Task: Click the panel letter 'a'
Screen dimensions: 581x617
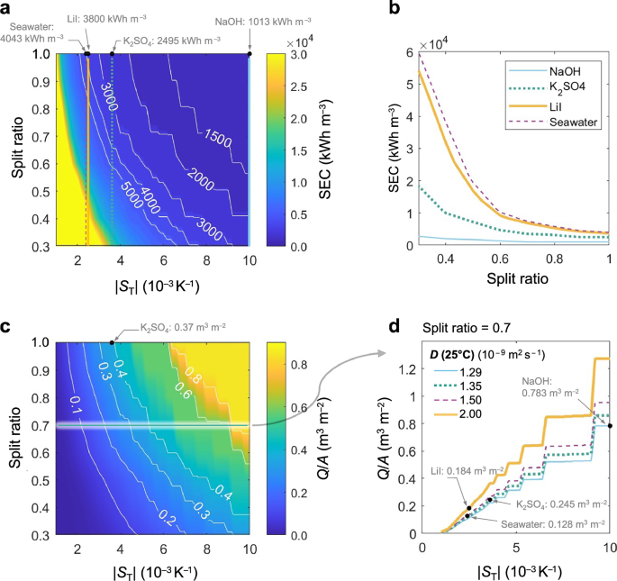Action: (x=8, y=8)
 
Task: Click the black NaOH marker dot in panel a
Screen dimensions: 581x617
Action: (x=250, y=54)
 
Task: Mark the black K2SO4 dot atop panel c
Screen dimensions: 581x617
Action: (x=112, y=342)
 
